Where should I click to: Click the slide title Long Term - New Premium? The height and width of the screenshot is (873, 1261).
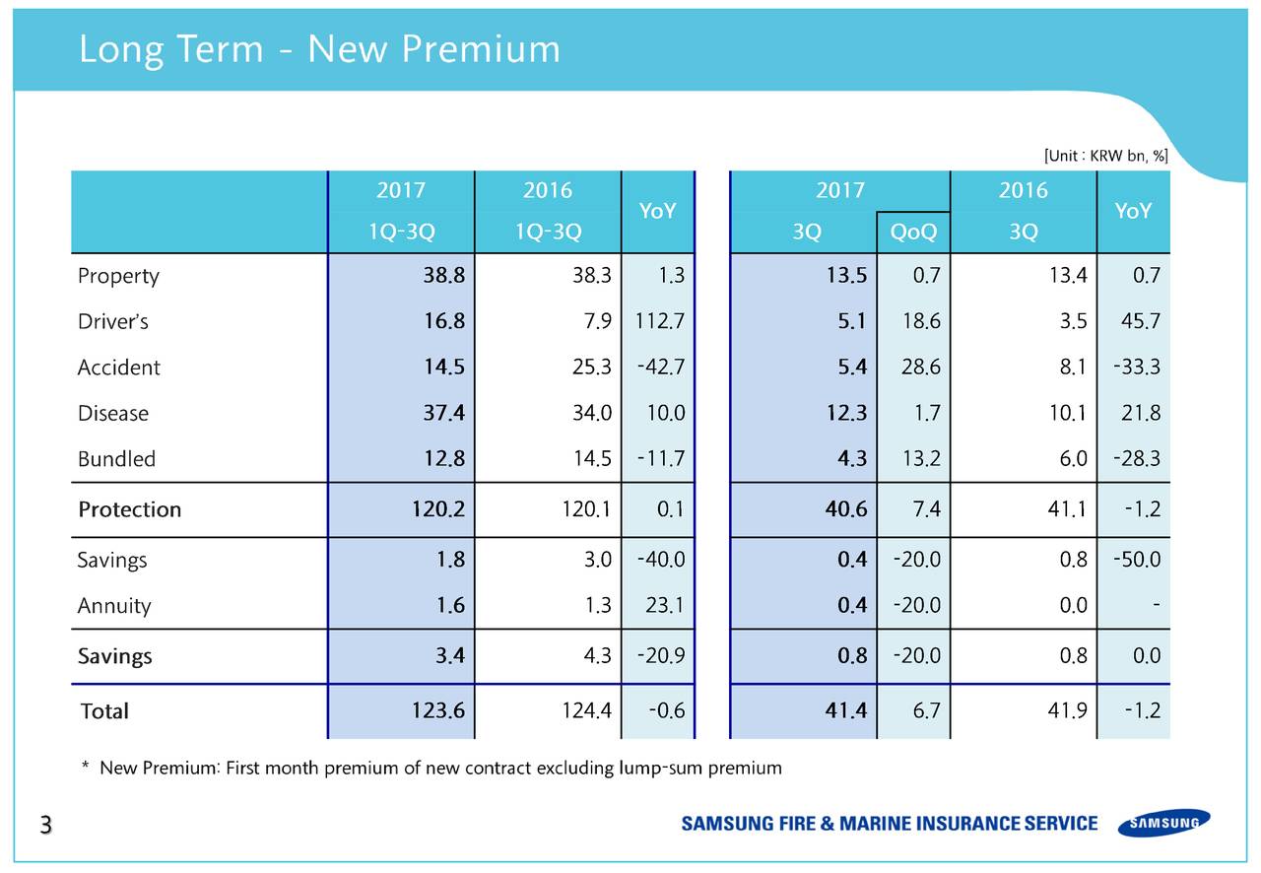click(x=319, y=49)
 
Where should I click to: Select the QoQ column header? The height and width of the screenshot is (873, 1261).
click(x=912, y=233)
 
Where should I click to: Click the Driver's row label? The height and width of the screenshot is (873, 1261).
click(x=113, y=321)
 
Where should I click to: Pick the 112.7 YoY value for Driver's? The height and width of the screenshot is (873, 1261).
click(x=660, y=321)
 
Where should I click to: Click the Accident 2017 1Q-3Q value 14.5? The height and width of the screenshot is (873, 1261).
click(x=444, y=368)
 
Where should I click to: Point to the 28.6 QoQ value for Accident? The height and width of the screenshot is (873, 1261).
click(x=920, y=368)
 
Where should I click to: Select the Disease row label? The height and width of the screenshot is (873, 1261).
click(x=113, y=413)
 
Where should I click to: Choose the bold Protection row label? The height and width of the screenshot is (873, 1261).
click(x=129, y=509)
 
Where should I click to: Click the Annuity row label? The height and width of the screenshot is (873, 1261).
click(x=114, y=606)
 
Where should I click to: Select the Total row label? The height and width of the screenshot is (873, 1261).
click(x=104, y=710)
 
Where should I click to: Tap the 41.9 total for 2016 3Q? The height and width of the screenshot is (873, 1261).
click(x=1067, y=710)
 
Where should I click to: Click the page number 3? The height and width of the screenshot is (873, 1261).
click(x=44, y=826)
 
